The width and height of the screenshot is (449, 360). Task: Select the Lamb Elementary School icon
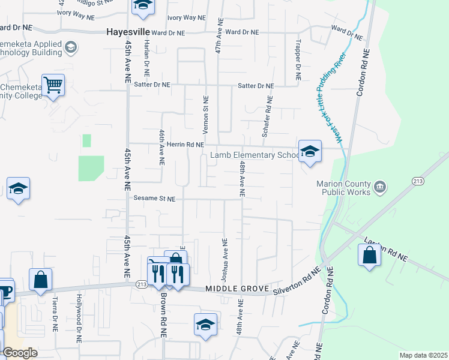(x=310, y=151)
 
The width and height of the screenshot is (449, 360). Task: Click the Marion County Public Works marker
(x=379, y=188)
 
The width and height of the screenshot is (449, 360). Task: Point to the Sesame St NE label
(x=155, y=198)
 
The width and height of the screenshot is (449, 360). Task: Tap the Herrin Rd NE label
(x=185, y=145)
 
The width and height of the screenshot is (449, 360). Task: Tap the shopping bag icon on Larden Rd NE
(x=369, y=254)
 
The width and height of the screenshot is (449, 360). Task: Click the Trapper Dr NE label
(x=297, y=61)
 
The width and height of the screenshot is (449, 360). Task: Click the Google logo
(x=19, y=353)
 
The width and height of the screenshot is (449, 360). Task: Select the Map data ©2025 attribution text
(x=423, y=355)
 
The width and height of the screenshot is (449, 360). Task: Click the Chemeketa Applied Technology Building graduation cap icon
(x=70, y=47)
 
